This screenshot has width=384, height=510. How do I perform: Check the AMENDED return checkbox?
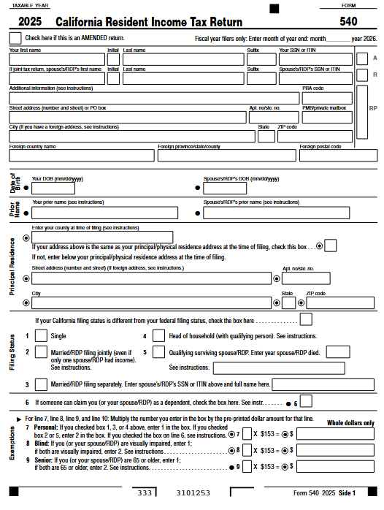[15, 37]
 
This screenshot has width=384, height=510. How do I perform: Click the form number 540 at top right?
[348, 22]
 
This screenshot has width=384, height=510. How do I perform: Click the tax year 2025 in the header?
[31, 23]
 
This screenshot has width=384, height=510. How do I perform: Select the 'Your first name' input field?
[56, 58]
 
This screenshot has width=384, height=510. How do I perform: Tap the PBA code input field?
[326, 97]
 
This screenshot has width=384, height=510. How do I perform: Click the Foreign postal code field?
[337, 155]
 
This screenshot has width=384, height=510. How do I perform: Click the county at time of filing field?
[102, 237]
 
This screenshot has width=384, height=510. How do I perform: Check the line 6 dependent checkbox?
[306, 401]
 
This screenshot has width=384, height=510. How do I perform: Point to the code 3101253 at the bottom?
[193, 493]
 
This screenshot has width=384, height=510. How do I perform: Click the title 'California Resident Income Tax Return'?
[139, 23]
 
